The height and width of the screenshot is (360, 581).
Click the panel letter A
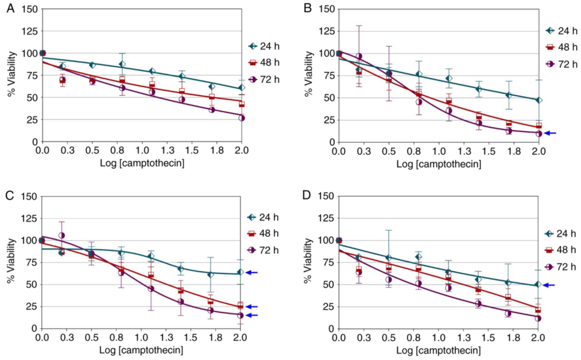point(10,9)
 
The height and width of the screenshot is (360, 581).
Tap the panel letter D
point(306,195)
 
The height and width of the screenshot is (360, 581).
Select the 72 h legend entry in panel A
point(264,79)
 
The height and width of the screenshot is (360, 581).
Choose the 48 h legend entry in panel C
point(263,233)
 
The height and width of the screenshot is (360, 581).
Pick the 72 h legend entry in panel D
point(560,267)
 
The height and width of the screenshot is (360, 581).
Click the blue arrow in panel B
point(550,133)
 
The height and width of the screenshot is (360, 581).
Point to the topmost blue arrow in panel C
point(251,272)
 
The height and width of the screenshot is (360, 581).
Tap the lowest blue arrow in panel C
point(251,315)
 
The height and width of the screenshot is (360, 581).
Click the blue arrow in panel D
point(549,285)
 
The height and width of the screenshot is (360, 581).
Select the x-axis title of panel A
point(142,163)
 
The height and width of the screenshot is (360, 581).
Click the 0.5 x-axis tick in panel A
point(92,150)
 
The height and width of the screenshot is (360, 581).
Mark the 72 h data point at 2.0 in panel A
point(242,118)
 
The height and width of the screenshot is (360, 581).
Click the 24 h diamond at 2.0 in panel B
point(539,100)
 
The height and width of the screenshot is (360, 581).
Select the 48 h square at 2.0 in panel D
point(538,310)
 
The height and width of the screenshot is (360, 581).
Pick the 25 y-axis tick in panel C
point(31,306)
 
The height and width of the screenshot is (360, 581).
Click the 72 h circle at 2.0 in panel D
point(538,318)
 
